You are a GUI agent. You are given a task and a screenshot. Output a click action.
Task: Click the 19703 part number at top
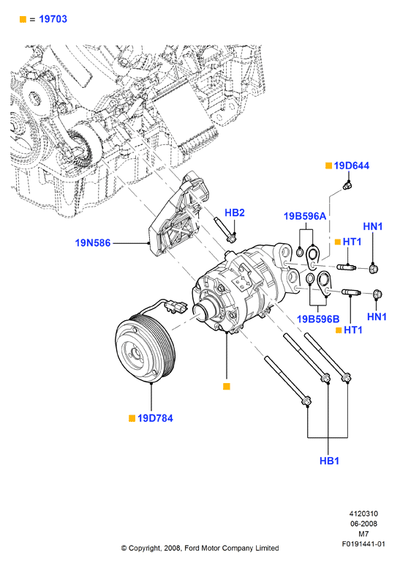53,19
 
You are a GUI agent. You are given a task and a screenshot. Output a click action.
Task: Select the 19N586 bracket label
93,242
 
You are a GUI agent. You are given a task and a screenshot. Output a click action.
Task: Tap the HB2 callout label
235,212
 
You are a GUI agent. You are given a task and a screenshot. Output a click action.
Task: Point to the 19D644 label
352,166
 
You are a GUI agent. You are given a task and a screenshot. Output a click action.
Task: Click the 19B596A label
305,216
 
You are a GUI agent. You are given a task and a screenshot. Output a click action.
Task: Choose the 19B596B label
318,319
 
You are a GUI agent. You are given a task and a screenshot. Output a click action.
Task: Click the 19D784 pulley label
155,418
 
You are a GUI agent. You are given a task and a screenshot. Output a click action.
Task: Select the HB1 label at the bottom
329,461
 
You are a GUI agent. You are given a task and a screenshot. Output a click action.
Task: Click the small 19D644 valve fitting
347,185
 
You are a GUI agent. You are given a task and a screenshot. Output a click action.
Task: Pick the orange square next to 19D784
132,418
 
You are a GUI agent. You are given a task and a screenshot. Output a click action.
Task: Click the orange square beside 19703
23,20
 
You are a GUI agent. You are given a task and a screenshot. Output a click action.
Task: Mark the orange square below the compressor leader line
226,386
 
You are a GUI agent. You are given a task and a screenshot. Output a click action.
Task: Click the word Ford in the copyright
192,548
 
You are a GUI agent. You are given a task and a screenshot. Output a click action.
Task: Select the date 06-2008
363,524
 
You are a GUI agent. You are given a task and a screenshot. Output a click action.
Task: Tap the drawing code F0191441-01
363,543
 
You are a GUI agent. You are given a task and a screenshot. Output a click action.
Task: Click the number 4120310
363,513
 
